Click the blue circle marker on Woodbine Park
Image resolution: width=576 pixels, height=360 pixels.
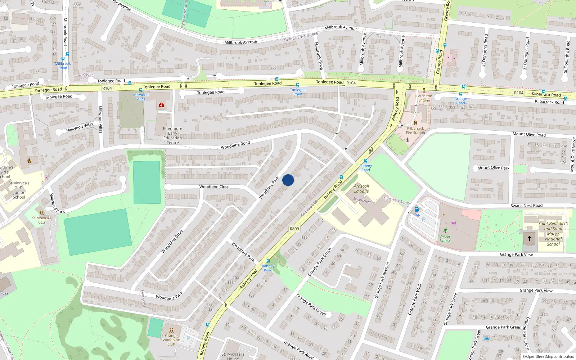[288, 180]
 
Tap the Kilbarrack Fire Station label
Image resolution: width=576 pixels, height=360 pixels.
[415, 131]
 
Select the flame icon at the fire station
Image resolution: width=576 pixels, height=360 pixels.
[415, 123]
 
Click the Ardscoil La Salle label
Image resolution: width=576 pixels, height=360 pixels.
[361, 189]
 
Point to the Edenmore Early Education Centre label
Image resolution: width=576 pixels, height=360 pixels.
[172, 135]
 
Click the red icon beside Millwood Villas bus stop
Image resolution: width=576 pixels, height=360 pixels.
[161, 105]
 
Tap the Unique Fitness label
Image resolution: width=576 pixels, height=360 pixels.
[445, 238]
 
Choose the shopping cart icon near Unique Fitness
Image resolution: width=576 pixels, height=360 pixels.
[454, 223]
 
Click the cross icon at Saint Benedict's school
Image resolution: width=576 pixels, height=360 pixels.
[529, 238]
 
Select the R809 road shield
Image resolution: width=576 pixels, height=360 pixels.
[294, 229]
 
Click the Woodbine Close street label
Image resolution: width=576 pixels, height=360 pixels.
[214, 186]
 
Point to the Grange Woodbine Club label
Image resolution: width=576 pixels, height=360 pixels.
[171, 339]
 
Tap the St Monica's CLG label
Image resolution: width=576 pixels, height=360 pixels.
[42, 220]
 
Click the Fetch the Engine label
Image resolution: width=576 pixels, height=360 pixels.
[424, 98]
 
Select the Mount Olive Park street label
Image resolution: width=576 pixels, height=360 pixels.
[493, 168]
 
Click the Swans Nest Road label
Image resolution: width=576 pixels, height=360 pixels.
[526, 206]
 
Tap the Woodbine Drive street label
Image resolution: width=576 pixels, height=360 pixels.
[172, 241]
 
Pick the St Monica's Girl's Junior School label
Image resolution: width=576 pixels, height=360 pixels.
[19, 190]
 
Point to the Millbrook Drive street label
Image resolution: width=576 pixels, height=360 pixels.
[319, 56]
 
